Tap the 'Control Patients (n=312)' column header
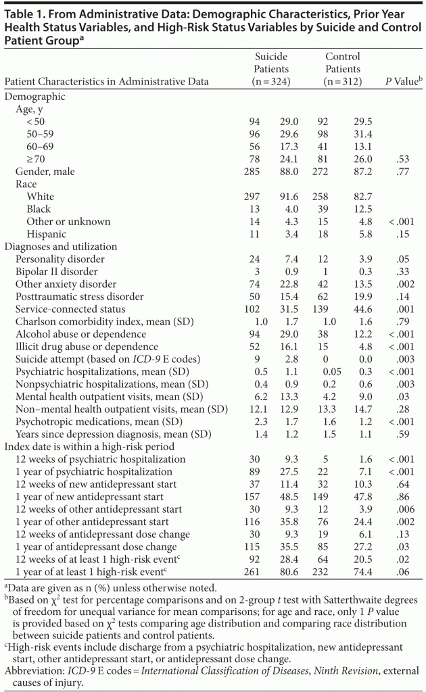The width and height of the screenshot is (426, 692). [x=342, y=69]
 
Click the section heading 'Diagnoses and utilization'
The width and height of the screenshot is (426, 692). [x=61, y=247]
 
